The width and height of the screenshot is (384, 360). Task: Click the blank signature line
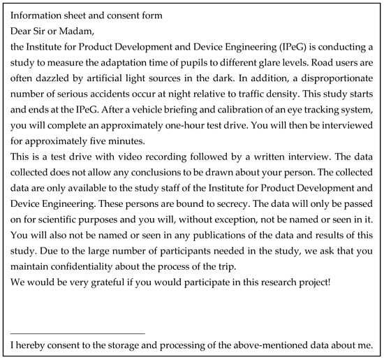click(x=78, y=333)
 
